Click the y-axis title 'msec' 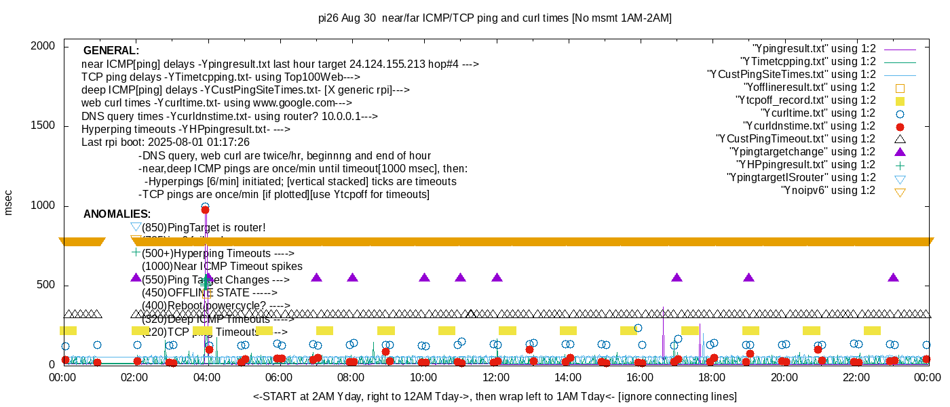[x=9, y=203]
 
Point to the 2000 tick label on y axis [x=42, y=46]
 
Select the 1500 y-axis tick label [x=42, y=126]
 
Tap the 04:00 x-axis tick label [x=206, y=377]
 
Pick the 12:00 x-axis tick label [x=495, y=377]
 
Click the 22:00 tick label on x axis [x=857, y=377]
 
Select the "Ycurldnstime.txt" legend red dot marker [x=900, y=126]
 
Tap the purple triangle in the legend [x=900, y=152]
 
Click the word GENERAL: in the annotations [x=111, y=51]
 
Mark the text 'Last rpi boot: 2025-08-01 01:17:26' [x=166, y=142]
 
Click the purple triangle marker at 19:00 [x=748, y=277]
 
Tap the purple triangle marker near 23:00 [x=893, y=277]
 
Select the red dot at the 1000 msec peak [x=205, y=210]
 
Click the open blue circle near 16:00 [x=638, y=328]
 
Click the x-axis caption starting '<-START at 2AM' [x=495, y=396]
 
